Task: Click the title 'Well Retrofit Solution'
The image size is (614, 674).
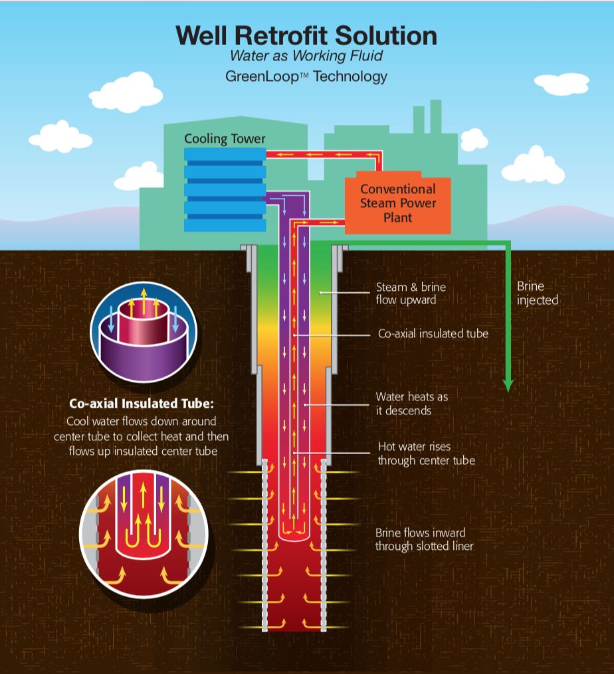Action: point(306,36)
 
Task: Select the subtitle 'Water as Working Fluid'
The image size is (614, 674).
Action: point(306,56)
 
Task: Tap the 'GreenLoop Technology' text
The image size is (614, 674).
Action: point(306,76)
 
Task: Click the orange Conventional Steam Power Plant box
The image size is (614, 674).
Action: point(397,204)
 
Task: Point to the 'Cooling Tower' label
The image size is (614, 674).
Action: point(225,139)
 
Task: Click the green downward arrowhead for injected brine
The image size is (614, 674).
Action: point(508,384)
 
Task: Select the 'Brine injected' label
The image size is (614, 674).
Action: point(537,293)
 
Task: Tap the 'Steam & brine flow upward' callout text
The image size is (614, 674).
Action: point(411,293)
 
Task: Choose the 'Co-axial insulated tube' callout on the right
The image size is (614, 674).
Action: point(433,333)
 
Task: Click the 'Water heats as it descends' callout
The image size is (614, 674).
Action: point(411,404)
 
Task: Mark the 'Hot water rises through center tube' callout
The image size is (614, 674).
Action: point(426,454)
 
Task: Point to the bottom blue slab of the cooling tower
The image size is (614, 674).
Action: point(225,224)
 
